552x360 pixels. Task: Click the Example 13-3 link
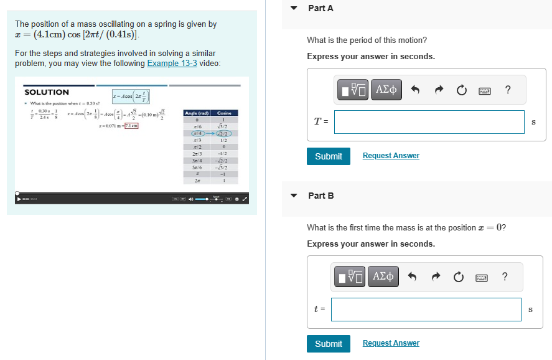(x=173, y=64)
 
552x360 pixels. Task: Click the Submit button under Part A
(x=328, y=156)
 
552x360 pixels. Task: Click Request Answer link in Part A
(x=391, y=156)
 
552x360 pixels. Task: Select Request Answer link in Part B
(x=391, y=343)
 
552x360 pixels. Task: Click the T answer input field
(x=429, y=122)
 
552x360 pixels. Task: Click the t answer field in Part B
(x=426, y=310)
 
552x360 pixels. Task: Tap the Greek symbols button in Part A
(x=386, y=90)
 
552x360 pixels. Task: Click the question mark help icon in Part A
(x=508, y=90)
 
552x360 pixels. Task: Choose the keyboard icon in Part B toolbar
(x=481, y=277)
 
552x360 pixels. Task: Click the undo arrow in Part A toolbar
(x=415, y=90)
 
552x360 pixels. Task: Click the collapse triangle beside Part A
(x=294, y=9)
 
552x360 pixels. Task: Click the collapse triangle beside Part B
(x=294, y=196)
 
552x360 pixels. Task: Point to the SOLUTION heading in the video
(x=47, y=92)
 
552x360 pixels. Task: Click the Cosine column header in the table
(x=224, y=113)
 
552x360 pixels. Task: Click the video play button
(x=17, y=199)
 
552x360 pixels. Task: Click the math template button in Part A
(x=353, y=90)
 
